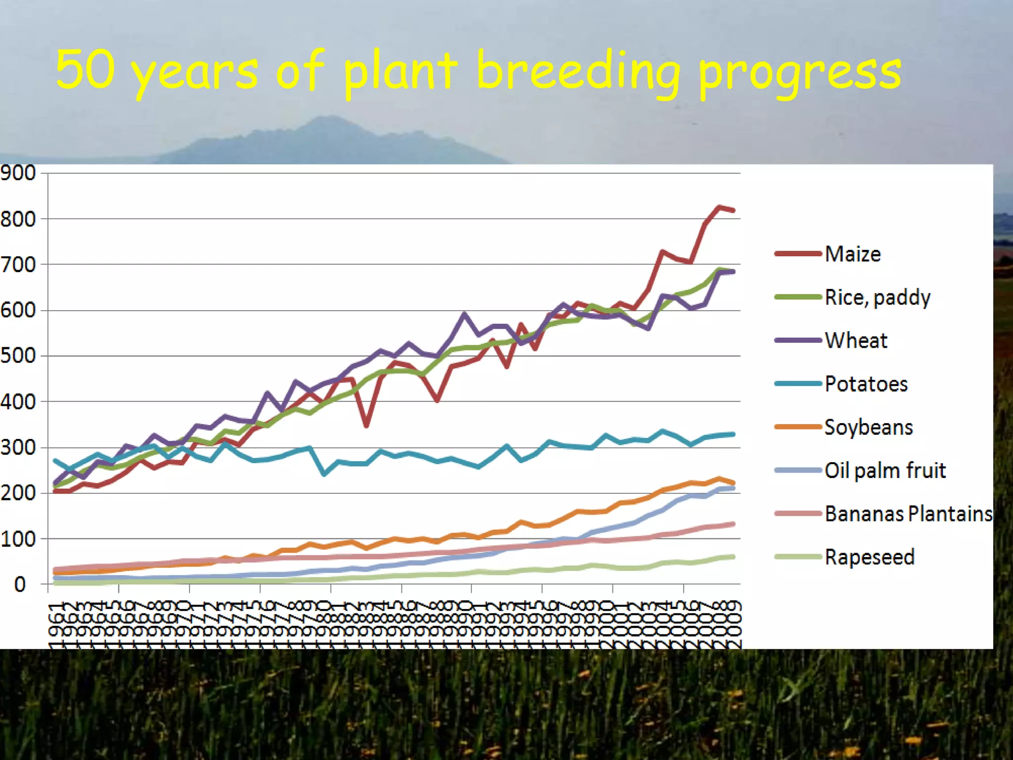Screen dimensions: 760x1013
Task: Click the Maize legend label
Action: [x=853, y=254]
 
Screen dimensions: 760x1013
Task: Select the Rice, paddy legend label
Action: [x=877, y=297]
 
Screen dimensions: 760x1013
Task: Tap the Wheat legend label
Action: [x=856, y=340]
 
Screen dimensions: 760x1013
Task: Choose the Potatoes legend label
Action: [x=866, y=384]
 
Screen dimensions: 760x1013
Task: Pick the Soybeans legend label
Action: [x=868, y=427]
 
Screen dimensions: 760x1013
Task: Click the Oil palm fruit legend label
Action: [x=885, y=470]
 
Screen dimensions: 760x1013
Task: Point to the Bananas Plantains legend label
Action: [x=909, y=514]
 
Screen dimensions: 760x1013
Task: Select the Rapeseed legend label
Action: [x=869, y=557]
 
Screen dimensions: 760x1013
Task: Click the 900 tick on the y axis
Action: [x=18, y=173]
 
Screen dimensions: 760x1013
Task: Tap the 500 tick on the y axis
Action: [x=18, y=356]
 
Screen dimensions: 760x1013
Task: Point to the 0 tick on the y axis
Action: [x=20, y=584]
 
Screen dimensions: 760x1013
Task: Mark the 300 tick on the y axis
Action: [x=18, y=447]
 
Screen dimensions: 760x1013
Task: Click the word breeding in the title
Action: [x=578, y=72]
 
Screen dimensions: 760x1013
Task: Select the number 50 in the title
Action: [x=85, y=69]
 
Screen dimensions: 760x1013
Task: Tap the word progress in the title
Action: [x=800, y=74]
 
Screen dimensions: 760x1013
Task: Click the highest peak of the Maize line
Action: [x=719, y=207]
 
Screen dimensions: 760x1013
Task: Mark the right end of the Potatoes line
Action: [x=733, y=434]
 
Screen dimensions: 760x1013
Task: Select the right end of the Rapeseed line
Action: [x=733, y=557]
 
